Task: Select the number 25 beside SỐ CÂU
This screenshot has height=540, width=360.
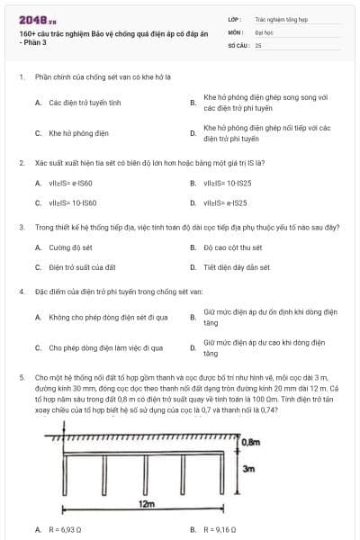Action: point(259,44)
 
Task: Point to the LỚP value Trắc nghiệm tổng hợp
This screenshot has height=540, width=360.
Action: point(278,18)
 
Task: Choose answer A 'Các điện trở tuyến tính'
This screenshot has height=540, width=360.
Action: point(85,103)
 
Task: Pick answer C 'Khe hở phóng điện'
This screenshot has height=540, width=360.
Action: point(78,133)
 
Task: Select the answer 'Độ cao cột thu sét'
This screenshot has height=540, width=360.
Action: point(233,247)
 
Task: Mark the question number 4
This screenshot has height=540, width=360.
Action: point(21,292)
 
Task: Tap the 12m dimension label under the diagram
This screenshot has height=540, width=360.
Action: point(148,505)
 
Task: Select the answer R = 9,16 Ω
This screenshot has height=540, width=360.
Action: point(220,530)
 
